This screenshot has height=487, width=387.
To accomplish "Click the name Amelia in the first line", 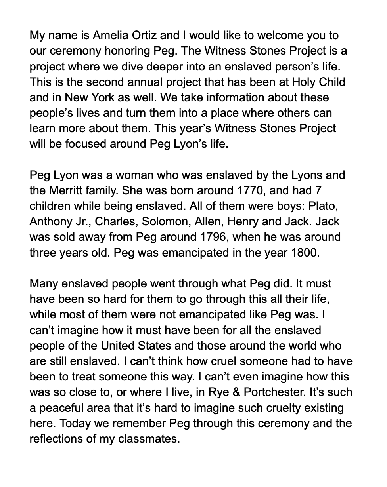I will click(109, 36).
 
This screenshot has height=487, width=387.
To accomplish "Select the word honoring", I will click(126, 51).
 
